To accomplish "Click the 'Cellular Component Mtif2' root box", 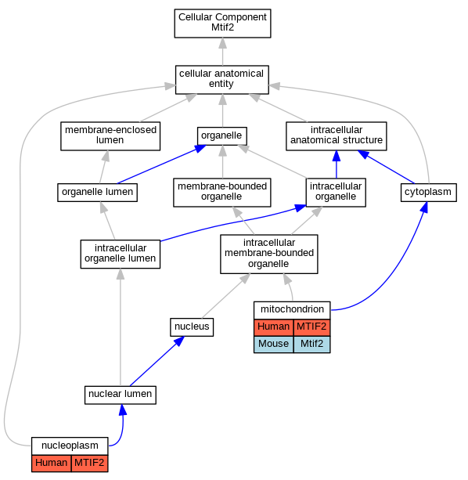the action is (222, 23).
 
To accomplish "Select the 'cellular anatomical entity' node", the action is (222, 80).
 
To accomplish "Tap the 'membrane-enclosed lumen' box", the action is (110, 136).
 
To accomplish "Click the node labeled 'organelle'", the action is (222, 136).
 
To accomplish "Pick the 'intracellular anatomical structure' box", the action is (337, 136).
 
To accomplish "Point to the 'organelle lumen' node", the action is (97, 193).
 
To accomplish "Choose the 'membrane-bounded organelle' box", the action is (222, 193).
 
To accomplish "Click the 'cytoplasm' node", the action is (429, 193).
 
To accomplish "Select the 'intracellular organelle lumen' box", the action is (121, 254).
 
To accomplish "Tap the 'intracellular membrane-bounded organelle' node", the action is (269, 254).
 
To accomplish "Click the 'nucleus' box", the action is (192, 327).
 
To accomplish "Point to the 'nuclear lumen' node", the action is (121, 395).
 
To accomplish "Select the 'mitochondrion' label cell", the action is (292, 310).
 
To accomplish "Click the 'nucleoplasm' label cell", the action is (70, 446).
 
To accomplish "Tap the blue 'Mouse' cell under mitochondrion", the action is (273, 344).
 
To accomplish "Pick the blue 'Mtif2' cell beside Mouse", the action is (311, 344).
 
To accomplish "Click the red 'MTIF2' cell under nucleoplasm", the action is (89, 463).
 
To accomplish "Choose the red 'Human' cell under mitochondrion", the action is (273, 327).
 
